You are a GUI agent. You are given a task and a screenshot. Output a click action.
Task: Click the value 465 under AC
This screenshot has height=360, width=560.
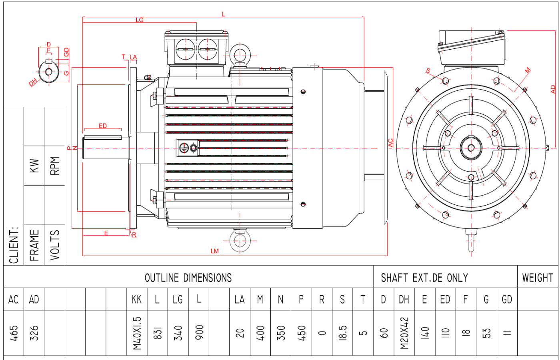(x=14, y=333)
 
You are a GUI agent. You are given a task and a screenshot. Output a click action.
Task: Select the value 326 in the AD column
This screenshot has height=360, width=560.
(x=34, y=333)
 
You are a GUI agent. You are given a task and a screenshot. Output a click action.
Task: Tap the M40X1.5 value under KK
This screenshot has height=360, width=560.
(x=137, y=333)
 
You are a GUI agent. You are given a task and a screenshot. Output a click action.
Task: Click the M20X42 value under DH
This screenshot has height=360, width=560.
(x=404, y=333)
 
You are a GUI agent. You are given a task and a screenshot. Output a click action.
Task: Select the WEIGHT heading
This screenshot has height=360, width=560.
(x=537, y=278)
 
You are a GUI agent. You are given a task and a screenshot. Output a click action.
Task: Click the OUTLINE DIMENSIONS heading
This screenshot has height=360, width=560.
(x=188, y=278)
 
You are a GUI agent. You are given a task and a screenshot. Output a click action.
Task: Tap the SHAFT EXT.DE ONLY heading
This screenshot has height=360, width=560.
(x=424, y=278)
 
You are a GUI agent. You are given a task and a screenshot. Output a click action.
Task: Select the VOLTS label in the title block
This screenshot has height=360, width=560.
(x=55, y=245)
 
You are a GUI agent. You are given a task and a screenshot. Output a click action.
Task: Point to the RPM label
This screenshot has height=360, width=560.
(x=55, y=166)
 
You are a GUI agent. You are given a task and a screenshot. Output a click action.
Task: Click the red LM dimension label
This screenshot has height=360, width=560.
(x=215, y=251)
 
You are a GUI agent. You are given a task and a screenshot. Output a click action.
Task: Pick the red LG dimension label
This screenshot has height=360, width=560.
(x=139, y=20)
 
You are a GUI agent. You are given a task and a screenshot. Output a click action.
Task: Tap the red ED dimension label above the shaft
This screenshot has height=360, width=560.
(x=103, y=126)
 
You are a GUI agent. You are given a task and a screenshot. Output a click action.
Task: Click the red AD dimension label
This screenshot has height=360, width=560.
(x=553, y=89)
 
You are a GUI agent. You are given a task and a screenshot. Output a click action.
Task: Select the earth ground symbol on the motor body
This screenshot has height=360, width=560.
(x=184, y=148)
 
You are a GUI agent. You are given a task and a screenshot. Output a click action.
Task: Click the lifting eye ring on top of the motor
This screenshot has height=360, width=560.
(x=240, y=54)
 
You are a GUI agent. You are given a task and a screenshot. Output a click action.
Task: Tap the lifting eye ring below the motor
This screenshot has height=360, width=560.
(x=240, y=241)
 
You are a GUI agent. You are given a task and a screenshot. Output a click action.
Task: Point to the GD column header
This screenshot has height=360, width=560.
(x=507, y=300)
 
